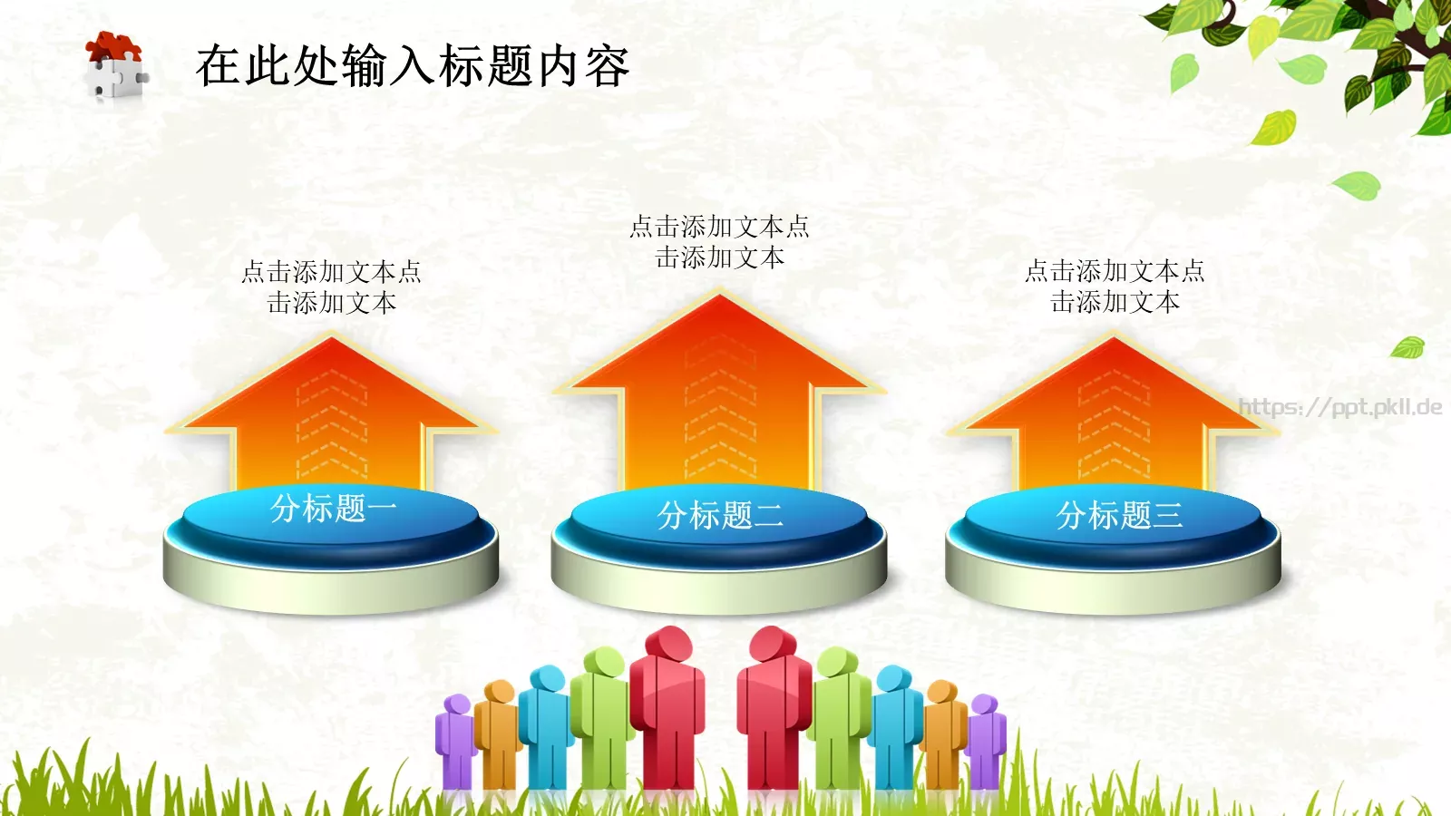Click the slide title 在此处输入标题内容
(413, 66)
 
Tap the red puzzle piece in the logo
(113, 45)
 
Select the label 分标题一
(333, 509)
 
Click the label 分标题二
(720, 516)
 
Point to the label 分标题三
(1119, 516)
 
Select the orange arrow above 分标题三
(1114, 408)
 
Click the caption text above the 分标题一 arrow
(332, 287)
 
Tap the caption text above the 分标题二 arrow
(719, 241)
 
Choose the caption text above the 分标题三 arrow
(1115, 286)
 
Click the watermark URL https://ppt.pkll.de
(1339, 407)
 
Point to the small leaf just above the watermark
(1408, 346)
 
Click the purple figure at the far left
(455, 739)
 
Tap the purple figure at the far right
(986, 739)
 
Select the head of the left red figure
(668, 643)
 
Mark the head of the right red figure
(773, 643)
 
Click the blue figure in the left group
(546, 725)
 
